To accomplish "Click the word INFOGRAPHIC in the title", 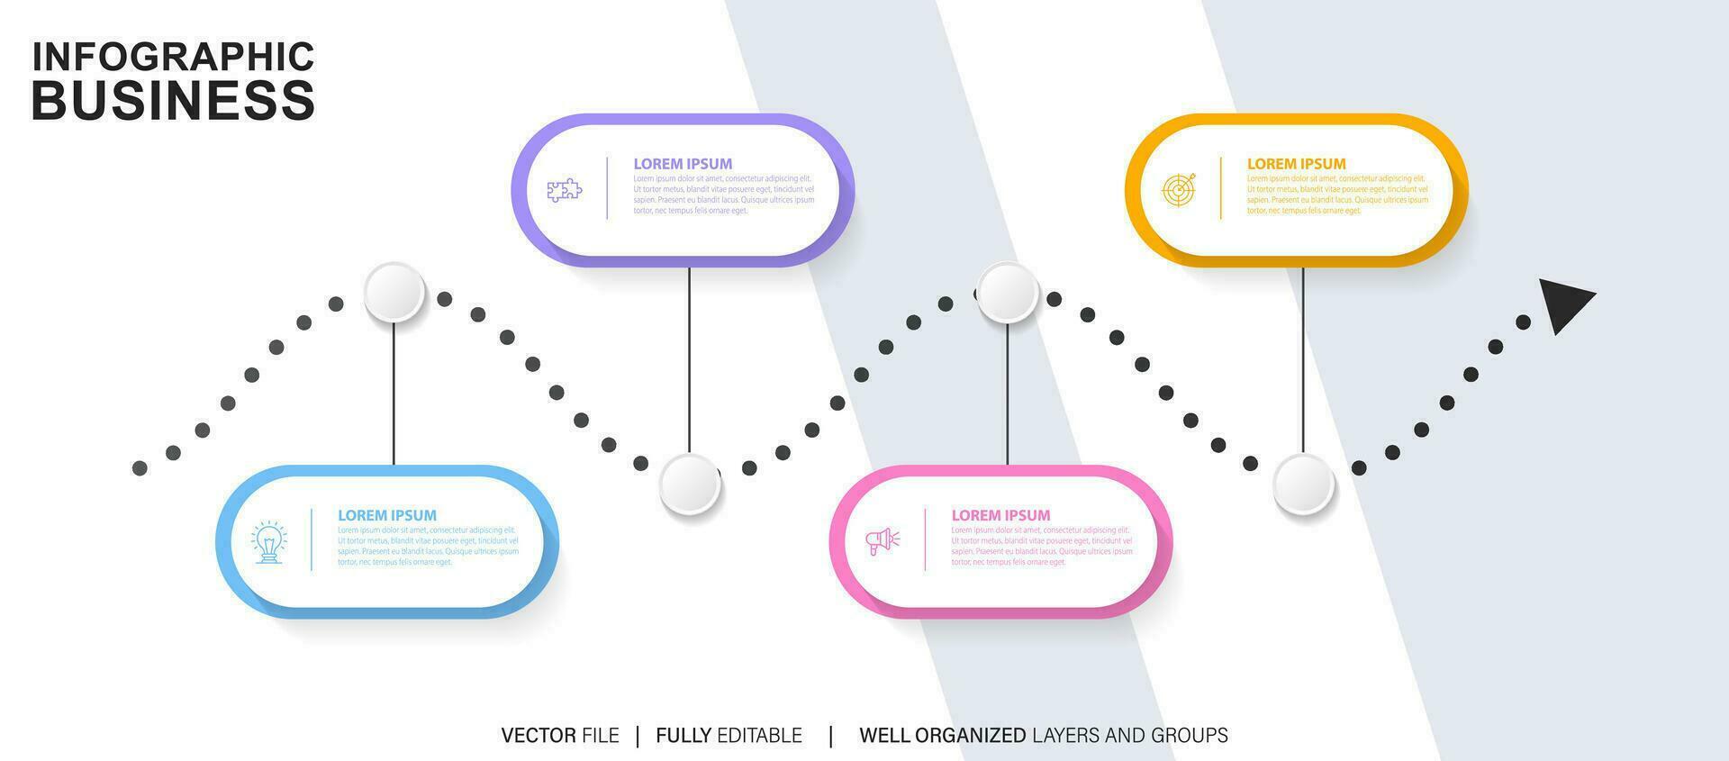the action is point(173,56).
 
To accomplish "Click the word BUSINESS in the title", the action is point(173,100).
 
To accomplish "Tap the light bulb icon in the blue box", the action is point(268,541).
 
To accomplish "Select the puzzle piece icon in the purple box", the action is point(565,190).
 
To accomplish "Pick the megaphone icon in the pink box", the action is point(883,540).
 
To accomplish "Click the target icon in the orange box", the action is point(1179,190).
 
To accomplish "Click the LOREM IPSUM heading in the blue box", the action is point(387,515).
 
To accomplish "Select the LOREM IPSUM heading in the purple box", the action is point(683,164).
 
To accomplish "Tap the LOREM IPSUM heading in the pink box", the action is point(1000,515).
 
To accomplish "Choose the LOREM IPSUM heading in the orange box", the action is point(1296,164).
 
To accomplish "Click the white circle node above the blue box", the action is point(394,293).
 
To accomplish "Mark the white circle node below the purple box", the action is point(690,485).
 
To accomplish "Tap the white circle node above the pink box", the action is point(1008,293).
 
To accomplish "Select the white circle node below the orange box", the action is point(1303,485).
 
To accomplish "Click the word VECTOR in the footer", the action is point(539,736).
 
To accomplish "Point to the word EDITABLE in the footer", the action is point(759,736).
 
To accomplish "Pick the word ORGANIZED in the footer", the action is point(970,736).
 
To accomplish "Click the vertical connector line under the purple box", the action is point(690,360).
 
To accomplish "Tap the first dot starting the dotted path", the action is point(140,467).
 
